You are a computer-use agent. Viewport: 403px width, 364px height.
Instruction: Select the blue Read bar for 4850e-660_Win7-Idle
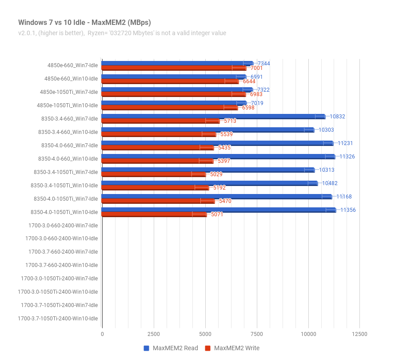[178, 63]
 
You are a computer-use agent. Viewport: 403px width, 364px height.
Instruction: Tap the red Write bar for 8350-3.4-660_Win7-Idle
[161, 121]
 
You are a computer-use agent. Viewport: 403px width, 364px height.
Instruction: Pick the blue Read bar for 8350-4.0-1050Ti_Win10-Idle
[219, 210]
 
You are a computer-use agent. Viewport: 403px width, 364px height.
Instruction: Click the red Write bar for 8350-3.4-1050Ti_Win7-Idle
[154, 174]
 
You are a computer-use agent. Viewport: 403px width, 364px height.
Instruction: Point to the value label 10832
[337, 117]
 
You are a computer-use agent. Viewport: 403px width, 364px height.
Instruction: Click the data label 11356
[348, 210]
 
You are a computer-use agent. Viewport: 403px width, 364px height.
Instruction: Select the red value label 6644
[249, 81]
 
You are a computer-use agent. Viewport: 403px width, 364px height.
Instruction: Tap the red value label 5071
[217, 214]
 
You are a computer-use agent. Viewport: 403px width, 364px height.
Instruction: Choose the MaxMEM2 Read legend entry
[171, 348]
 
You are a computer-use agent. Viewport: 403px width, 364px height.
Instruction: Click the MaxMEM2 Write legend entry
[232, 348]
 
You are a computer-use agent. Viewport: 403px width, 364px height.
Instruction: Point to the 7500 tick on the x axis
[256, 334]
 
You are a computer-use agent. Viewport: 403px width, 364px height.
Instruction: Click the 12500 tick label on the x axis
[359, 334]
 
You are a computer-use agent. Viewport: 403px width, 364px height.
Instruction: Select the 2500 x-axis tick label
[154, 334]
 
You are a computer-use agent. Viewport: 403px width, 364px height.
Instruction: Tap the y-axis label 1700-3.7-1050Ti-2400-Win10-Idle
[58, 319]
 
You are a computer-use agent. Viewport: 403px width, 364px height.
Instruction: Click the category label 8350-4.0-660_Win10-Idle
[68, 159]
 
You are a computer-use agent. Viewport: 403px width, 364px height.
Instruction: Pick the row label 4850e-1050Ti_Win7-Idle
[69, 92]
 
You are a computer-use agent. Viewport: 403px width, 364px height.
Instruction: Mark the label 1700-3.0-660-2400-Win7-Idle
[63, 226]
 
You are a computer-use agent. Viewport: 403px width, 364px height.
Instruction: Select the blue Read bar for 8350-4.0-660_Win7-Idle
[218, 143]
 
